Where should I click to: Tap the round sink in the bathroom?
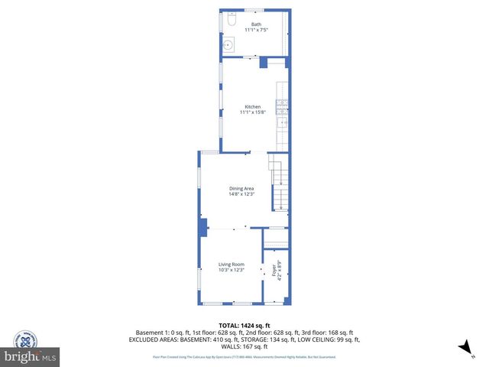coord(228,44)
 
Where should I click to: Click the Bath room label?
coord(256,24)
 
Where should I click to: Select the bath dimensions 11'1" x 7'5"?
coord(256,30)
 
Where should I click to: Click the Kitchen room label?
coord(253,106)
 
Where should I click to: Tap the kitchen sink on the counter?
coord(283,122)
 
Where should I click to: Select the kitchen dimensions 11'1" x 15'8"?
coord(253,112)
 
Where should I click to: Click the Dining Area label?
coord(241,188)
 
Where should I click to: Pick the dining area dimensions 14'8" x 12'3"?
coord(241,194)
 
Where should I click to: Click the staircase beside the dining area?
coord(279,183)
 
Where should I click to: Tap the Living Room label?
coord(231,264)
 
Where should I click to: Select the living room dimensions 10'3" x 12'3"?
coord(231,270)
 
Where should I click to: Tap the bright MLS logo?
coord(31,357)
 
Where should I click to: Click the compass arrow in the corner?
coord(462,348)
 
